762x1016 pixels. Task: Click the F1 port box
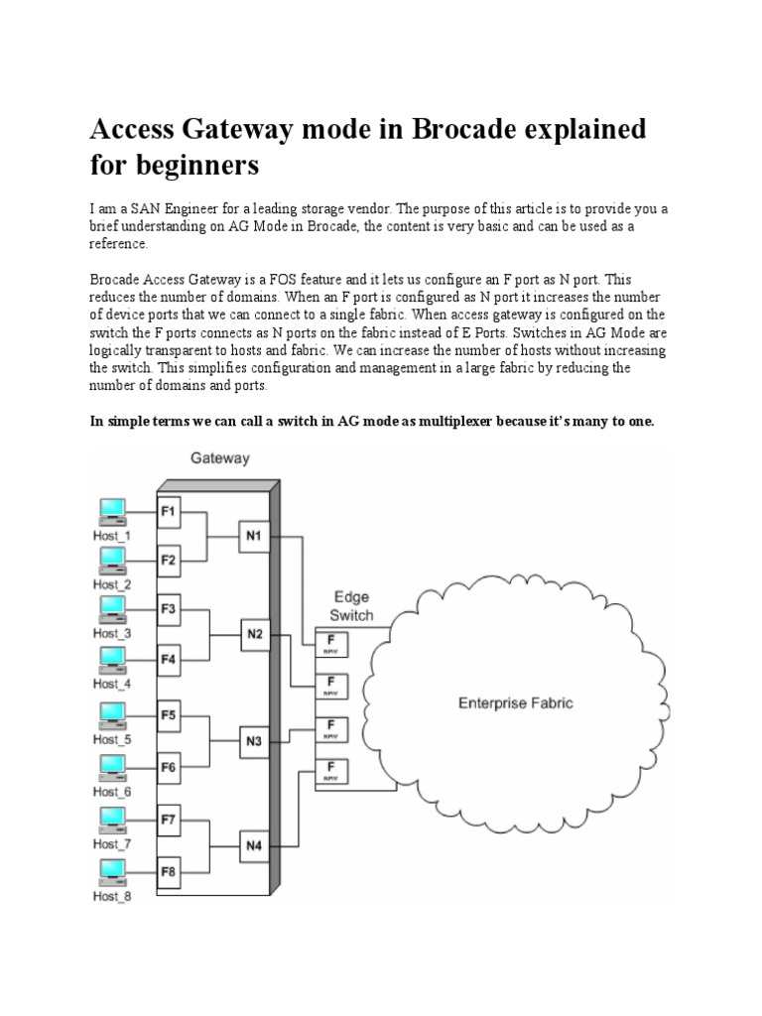pyautogui.click(x=169, y=512)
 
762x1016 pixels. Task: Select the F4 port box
pyautogui.click(x=169, y=659)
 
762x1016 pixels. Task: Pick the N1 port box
pyautogui.click(x=253, y=537)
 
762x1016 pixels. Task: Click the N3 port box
pyautogui.click(x=253, y=739)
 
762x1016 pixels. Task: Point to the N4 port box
pyautogui.click(x=253, y=846)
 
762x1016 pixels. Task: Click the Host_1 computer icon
pyautogui.click(x=112, y=510)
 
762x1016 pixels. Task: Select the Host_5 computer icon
pyautogui.click(x=112, y=714)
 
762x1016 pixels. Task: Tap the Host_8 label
pyautogui.click(x=112, y=897)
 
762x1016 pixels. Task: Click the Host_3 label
pyautogui.click(x=112, y=633)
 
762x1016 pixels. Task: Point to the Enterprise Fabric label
pyautogui.click(x=515, y=703)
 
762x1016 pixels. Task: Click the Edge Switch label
pyautogui.click(x=352, y=606)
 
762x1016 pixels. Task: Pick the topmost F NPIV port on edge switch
pyautogui.click(x=330, y=643)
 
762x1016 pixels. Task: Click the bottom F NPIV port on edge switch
pyautogui.click(x=330, y=770)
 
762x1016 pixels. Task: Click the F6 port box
pyautogui.click(x=169, y=766)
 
